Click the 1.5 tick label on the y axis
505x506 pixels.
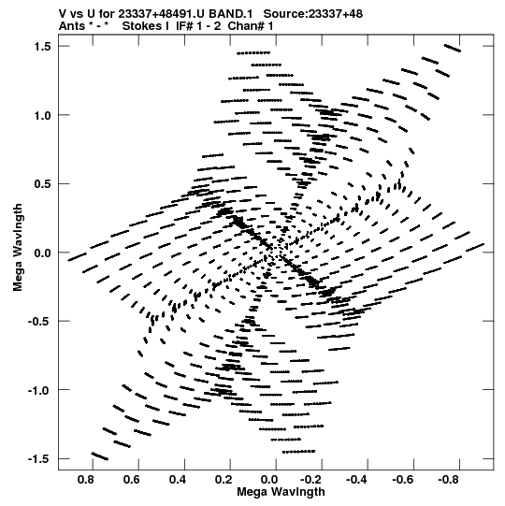pos(43,47)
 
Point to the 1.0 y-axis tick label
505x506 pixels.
pos(43,115)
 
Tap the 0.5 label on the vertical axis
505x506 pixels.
pos(43,184)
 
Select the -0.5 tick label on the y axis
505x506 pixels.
pos(39,322)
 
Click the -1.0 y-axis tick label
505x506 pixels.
pos(39,390)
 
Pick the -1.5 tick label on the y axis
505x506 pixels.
pos(39,459)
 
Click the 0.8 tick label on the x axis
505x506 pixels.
pos(86,480)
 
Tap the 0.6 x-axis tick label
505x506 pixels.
pos(132,480)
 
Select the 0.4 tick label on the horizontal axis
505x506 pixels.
pos(178,480)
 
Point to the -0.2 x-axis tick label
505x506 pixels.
pos(312,480)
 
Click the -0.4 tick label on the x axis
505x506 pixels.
pos(358,480)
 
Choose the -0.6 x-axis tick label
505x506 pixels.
pos(404,480)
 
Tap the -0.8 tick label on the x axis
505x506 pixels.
pos(450,480)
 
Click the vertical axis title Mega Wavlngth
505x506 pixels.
pos(18,248)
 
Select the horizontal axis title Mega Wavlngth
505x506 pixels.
pos(281,492)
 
